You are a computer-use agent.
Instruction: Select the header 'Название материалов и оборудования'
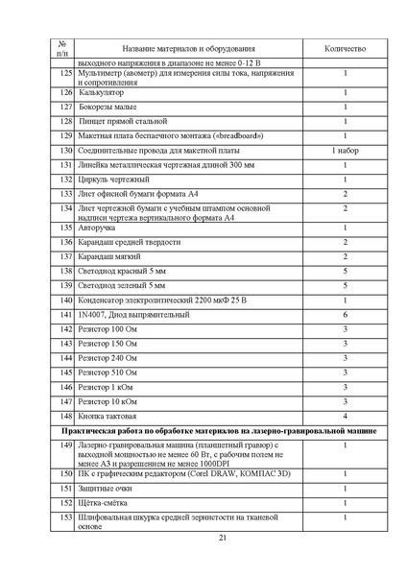pos(188,48)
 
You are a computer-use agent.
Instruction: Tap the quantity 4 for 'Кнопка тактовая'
pos(345,416)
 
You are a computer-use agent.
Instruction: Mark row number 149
pos(64,446)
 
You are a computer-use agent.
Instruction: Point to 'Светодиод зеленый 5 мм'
pos(122,286)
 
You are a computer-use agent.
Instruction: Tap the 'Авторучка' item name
pos(99,228)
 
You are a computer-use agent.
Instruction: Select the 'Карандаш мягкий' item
pos(109,257)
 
